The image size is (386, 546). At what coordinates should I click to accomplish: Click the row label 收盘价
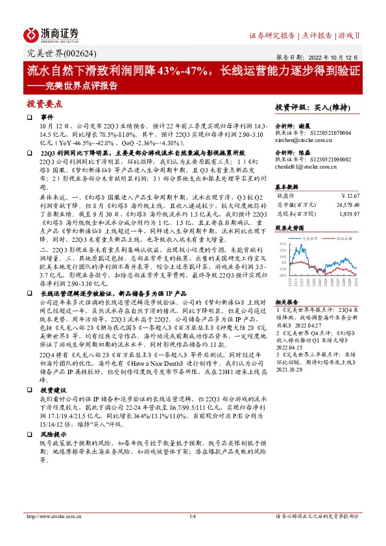click(x=286, y=194)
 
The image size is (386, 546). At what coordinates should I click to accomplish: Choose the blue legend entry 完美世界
click(x=305, y=239)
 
